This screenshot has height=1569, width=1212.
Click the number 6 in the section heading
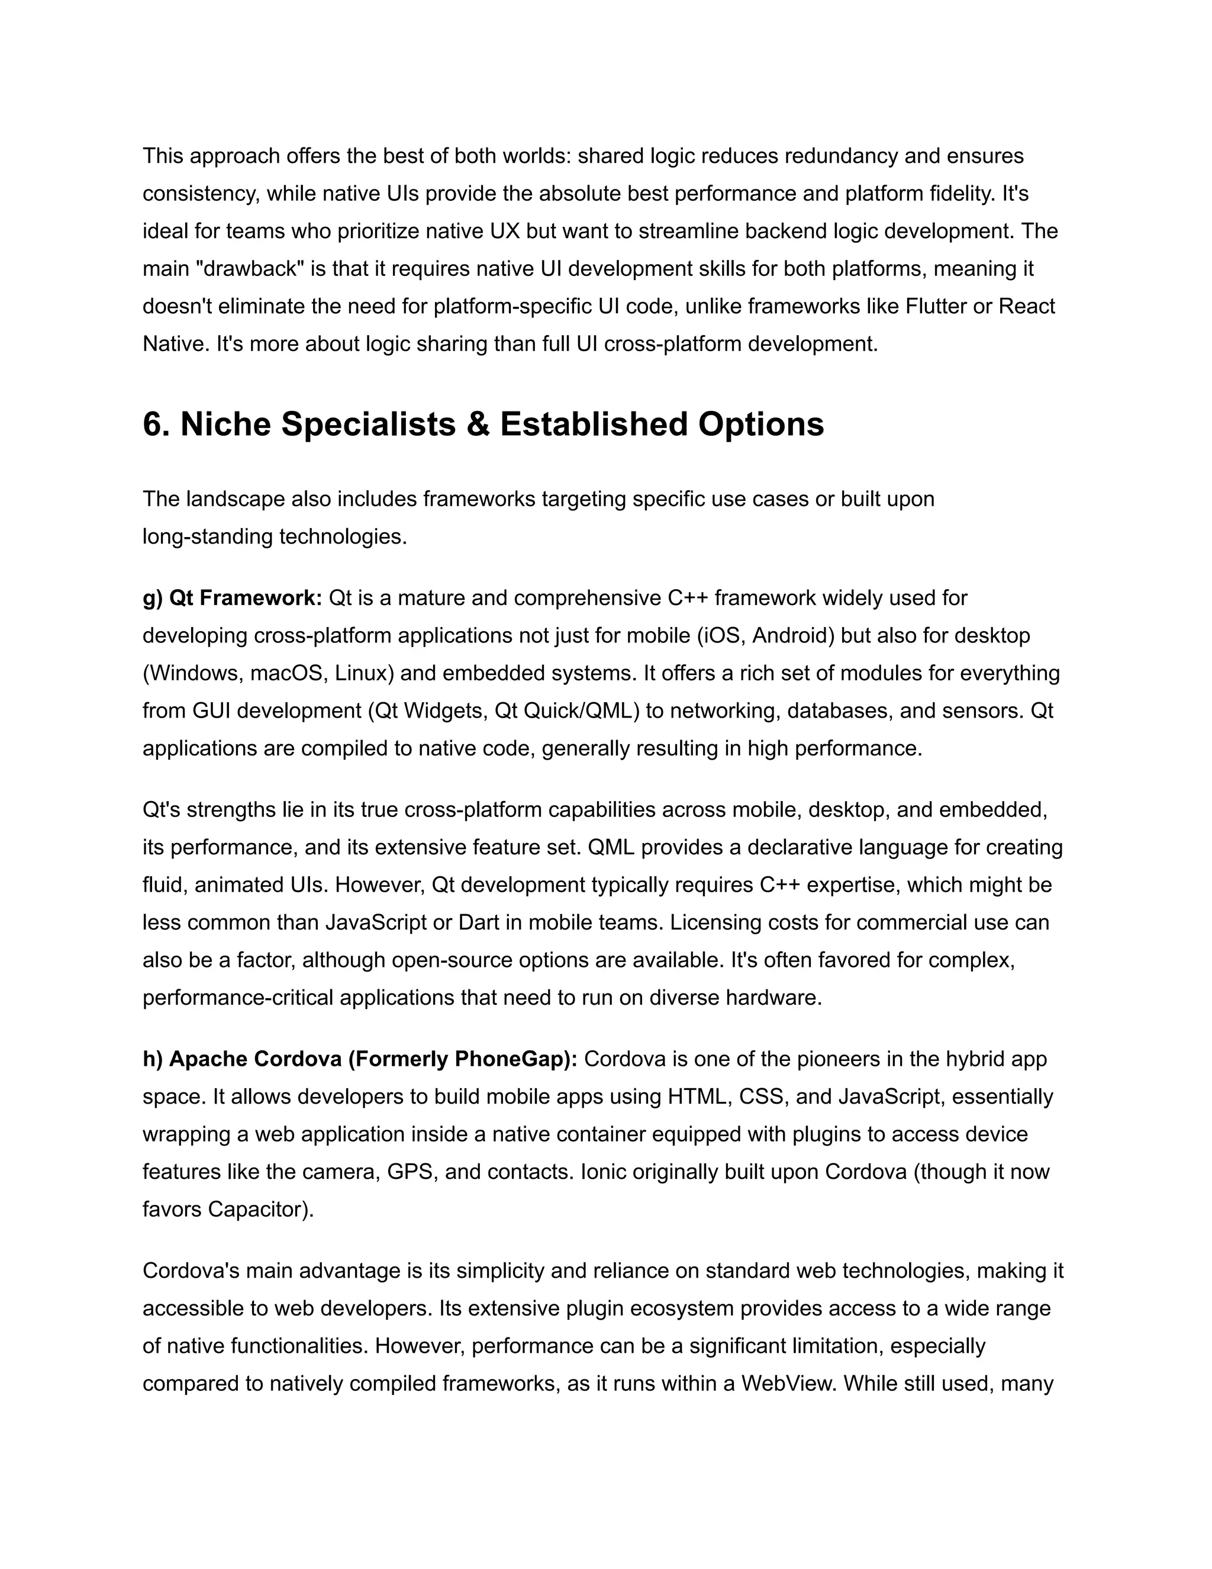(x=152, y=424)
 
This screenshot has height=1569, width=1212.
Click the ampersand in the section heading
(x=478, y=424)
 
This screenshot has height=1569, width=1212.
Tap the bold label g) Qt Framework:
(x=232, y=598)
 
